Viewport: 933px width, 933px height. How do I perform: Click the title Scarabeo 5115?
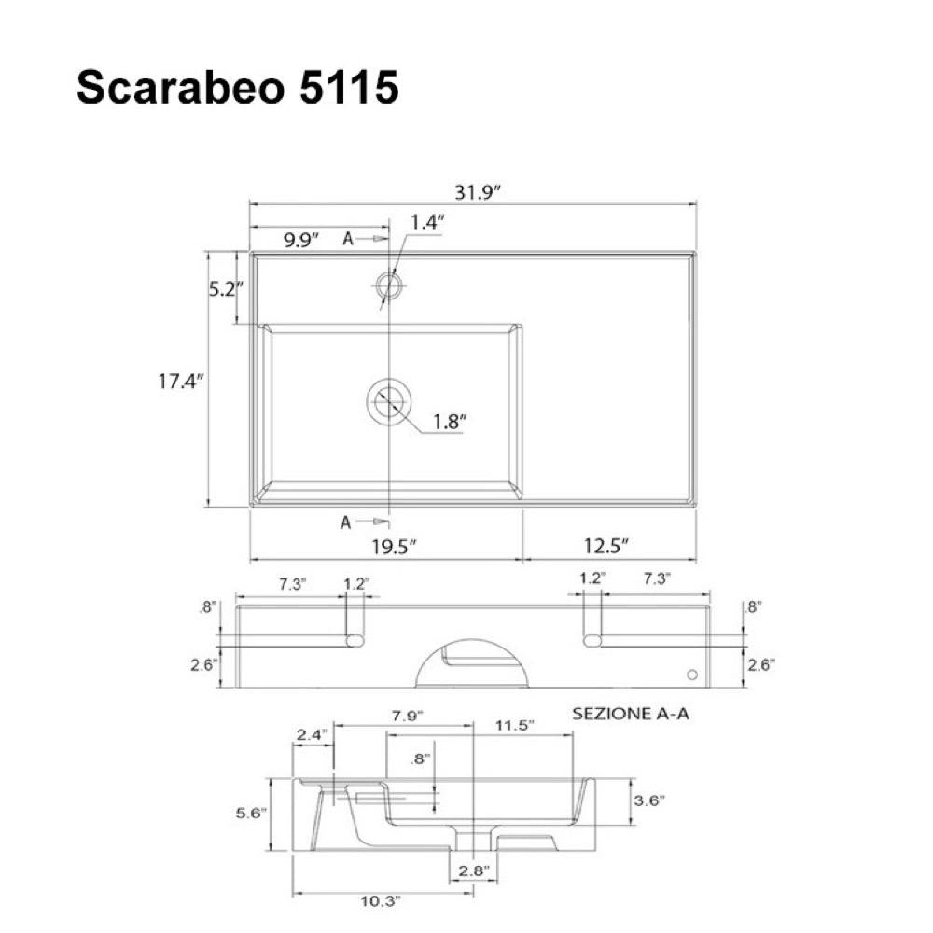pyautogui.click(x=237, y=88)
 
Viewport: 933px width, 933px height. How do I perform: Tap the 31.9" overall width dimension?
pyautogui.click(x=478, y=192)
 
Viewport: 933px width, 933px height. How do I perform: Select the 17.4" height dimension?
pyautogui.click(x=181, y=381)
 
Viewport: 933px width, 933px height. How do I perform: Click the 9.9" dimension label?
pyautogui.click(x=301, y=240)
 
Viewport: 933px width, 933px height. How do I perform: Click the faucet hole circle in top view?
pyautogui.click(x=389, y=285)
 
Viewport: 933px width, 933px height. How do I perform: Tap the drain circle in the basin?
pyautogui.click(x=389, y=402)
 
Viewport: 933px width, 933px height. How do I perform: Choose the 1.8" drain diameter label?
pyautogui.click(x=450, y=422)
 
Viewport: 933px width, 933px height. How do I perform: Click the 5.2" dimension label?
pyautogui.click(x=226, y=289)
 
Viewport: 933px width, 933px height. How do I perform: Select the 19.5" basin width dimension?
pyautogui.click(x=394, y=546)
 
